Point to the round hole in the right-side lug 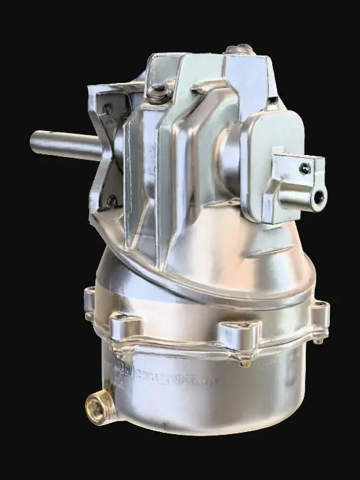coord(318,197)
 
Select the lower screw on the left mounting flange coord(111,201)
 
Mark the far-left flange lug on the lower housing coord(89,302)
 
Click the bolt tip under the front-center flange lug coord(245,363)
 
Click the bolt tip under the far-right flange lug coord(319,341)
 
